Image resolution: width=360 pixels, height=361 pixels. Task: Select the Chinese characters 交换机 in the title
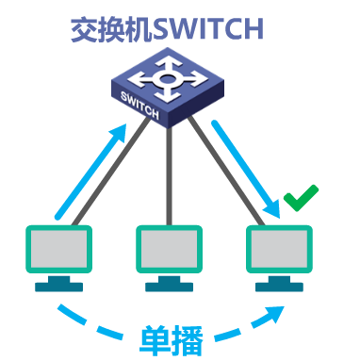coord(111,30)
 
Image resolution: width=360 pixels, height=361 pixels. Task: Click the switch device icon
coord(169,90)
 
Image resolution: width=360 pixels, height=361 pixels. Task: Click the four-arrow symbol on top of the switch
coord(170,79)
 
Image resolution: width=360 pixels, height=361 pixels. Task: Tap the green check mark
coord(301,200)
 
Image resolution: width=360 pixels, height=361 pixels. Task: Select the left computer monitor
coord(57,250)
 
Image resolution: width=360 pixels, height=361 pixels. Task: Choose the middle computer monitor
coord(170,250)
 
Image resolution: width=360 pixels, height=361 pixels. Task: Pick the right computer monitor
coord(280,250)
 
